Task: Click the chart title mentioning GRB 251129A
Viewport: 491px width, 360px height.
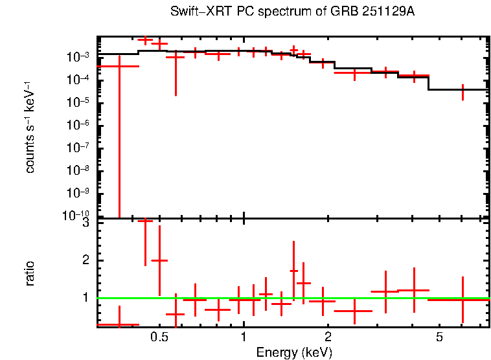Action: click(292, 12)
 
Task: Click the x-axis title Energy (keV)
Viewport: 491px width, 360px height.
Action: click(294, 352)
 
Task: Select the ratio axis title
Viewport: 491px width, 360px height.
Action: click(30, 273)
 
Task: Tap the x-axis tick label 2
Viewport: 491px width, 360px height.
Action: click(328, 337)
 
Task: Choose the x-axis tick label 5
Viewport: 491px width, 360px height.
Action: click(439, 337)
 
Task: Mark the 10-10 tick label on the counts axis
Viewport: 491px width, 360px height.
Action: click(80, 216)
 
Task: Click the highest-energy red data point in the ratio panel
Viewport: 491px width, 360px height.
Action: click(462, 300)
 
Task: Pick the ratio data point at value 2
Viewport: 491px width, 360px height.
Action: click(159, 260)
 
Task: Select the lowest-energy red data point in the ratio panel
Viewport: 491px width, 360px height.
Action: click(119, 324)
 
